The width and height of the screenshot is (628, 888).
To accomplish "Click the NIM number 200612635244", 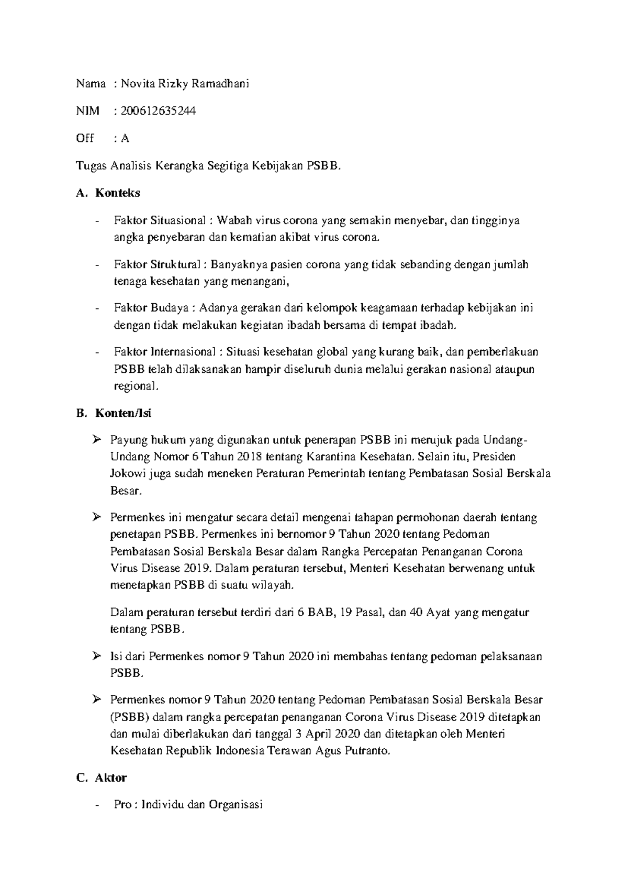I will coord(159,110).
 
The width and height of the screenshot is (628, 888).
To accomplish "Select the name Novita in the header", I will coord(138,83).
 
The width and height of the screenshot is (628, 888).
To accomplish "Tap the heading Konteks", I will coord(117,193).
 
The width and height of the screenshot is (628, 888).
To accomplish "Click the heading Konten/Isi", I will coord(123,413).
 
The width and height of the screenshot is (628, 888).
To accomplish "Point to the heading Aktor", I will coord(110,778).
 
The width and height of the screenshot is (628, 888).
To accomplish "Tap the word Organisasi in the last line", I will coord(235,804).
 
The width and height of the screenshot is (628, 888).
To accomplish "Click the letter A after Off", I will coord(125,138).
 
